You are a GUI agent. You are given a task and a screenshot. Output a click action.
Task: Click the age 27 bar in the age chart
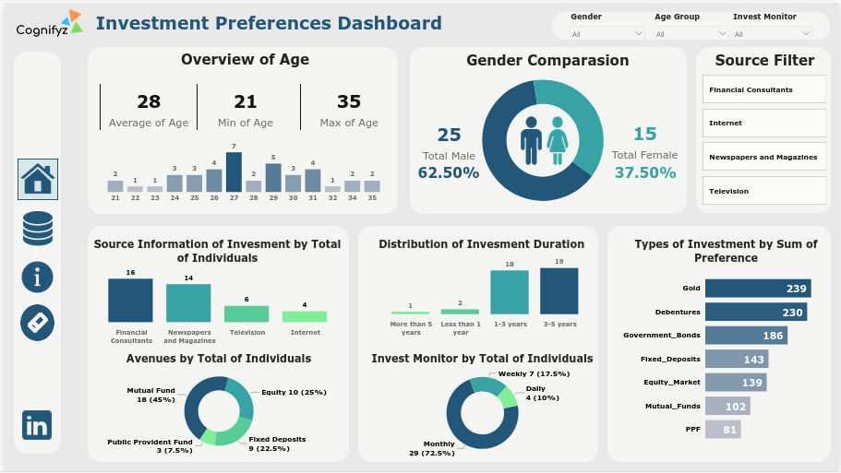(x=234, y=172)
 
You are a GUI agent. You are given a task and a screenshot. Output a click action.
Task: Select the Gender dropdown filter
(x=607, y=34)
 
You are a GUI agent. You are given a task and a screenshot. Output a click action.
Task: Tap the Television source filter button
(x=763, y=191)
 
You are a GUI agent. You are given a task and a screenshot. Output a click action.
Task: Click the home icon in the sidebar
(x=38, y=179)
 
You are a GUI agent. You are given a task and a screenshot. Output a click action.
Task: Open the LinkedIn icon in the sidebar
(x=38, y=425)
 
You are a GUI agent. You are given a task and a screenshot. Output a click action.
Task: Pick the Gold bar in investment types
(x=771, y=289)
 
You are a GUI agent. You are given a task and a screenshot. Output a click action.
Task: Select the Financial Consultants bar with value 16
(x=130, y=300)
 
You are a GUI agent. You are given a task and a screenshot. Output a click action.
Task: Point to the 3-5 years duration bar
(x=559, y=291)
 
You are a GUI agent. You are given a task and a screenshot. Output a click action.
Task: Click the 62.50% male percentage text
(x=449, y=172)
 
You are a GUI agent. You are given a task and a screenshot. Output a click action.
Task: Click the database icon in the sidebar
(x=38, y=229)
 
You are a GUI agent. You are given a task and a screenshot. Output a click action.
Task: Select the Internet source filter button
(x=763, y=123)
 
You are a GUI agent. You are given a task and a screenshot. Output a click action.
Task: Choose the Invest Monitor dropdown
(x=773, y=34)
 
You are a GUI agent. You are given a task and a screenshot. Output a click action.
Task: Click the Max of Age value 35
(x=349, y=101)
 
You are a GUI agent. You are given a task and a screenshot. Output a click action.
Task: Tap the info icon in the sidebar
(x=38, y=277)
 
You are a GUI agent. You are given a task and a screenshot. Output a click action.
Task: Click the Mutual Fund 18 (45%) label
(x=150, y=395)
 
